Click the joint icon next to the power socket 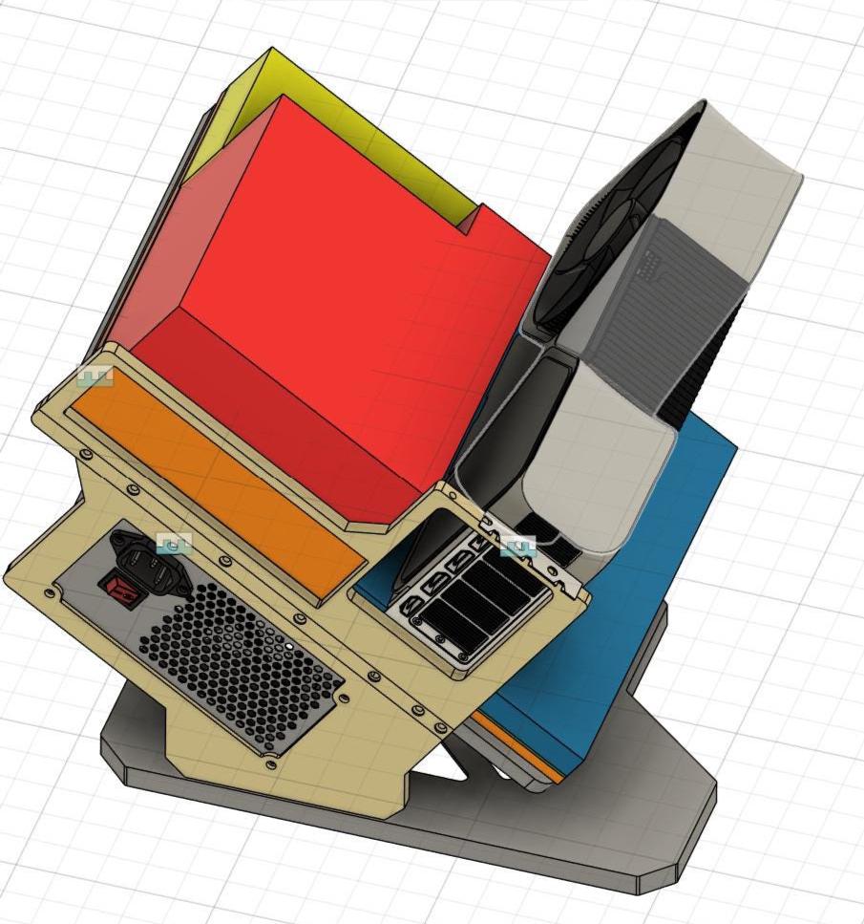coord(174,545)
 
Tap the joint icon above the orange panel coord(95,376)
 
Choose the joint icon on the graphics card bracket coord(518,547)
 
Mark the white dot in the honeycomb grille coord(290,647)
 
